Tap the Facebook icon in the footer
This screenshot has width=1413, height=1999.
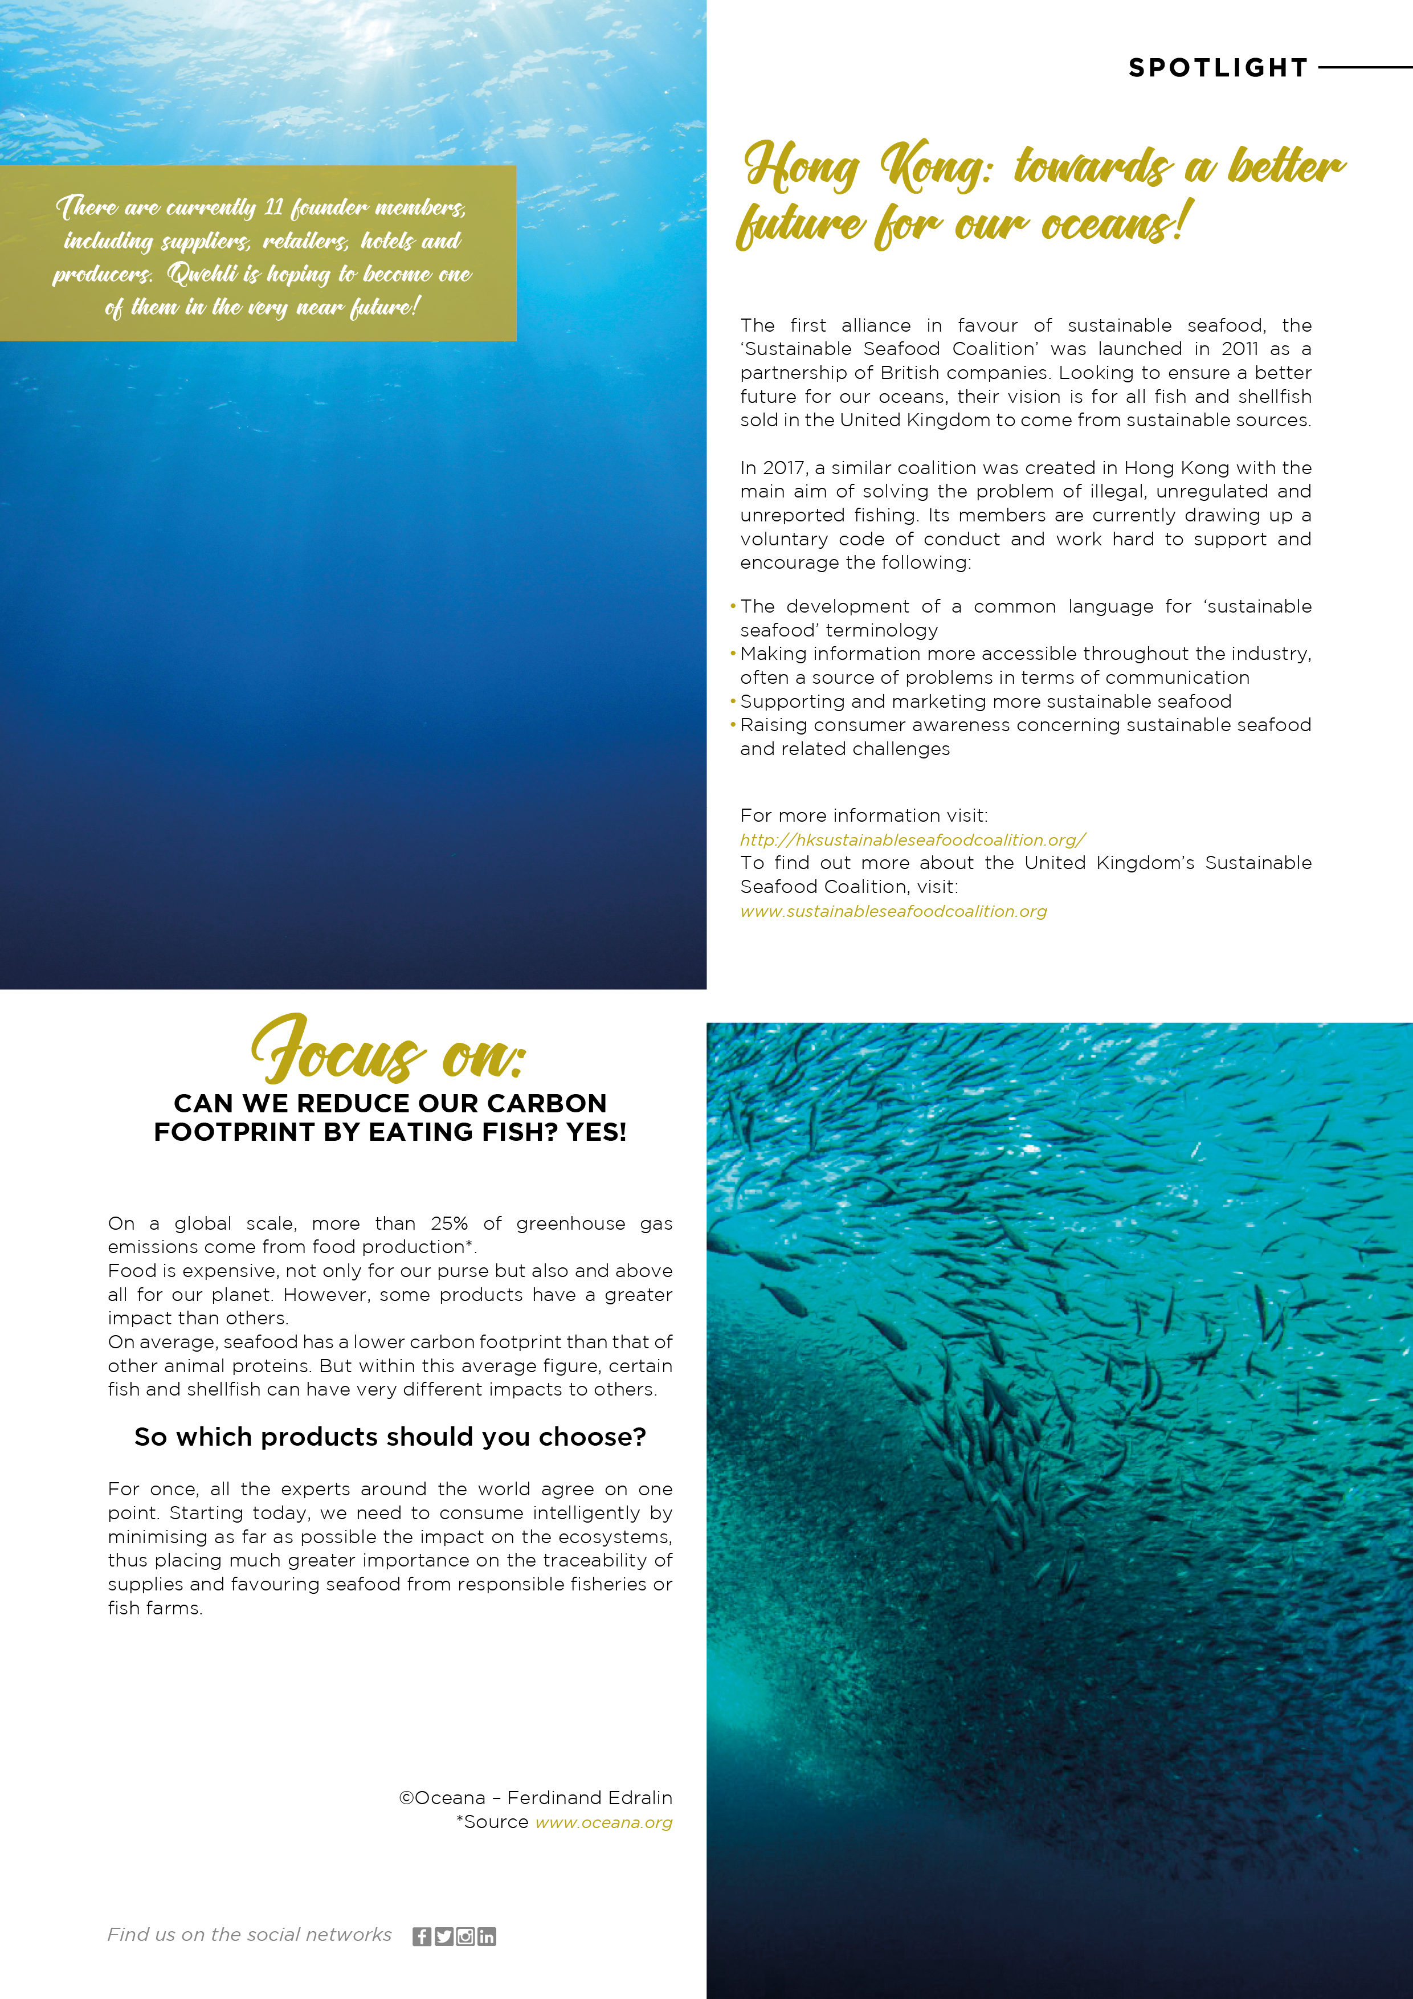422,1936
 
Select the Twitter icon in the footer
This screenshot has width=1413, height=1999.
443,1936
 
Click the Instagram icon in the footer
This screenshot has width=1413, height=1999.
465,1936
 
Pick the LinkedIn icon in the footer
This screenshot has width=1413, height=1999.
487,1936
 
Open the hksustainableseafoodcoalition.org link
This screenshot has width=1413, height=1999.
912,840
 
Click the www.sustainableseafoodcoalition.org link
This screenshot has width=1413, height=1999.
893,912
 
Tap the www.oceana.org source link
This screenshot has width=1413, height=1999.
603,1822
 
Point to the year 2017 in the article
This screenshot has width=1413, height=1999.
783,468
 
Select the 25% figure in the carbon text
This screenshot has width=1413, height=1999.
449,1223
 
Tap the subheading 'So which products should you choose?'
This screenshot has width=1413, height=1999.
390,1437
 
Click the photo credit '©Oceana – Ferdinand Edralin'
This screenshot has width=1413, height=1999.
536,1798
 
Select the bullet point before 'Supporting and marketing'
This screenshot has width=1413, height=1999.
733,701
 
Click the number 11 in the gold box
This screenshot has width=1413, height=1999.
273,207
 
